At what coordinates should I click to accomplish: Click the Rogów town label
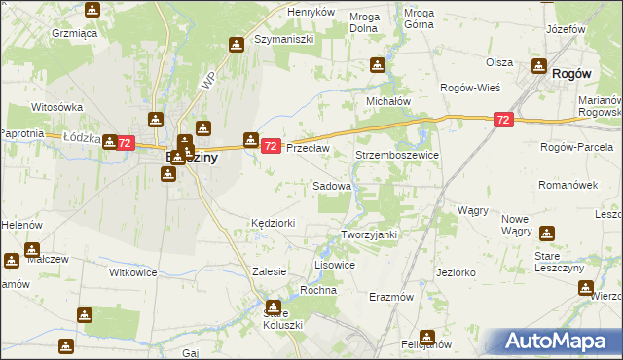pyautogui.click(x=573, y=72)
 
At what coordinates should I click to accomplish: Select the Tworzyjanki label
pyautogui.click(x=370, y=234)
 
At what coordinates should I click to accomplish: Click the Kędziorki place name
pyautogui.click(x=273, y=223)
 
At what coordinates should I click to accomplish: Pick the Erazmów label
pyautogui.click(x=392, y=296)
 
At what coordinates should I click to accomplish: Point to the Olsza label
pyautogui.click(x=499, y=61)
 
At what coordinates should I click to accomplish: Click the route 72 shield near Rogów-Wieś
pyautogui.click(x=502, y=120)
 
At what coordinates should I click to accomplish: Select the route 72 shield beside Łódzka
pyautogui.click(x=125, y=143)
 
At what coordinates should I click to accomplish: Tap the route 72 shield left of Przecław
pyautogui.click(x=272, y=146)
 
